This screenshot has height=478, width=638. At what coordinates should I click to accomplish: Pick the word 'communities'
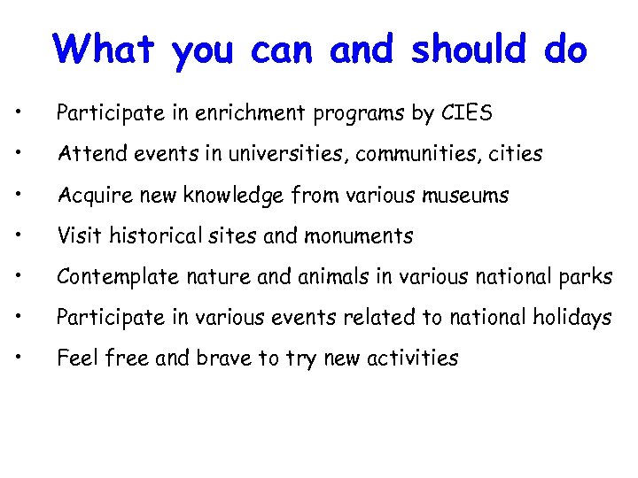point(414,154)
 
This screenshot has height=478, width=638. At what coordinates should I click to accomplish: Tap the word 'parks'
point(587,276)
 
